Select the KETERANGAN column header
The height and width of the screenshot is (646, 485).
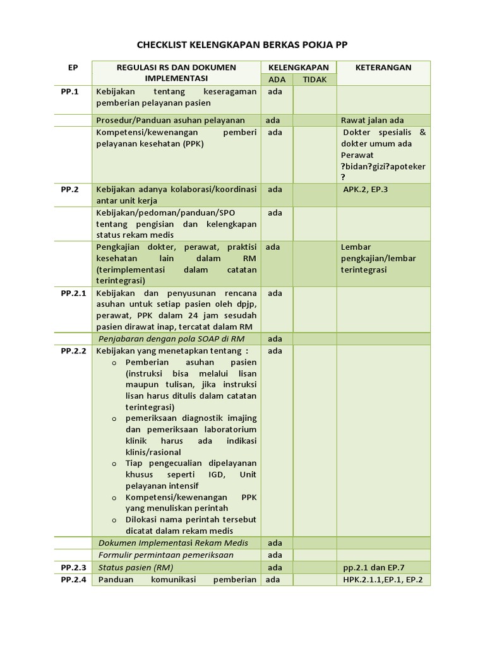click(384, 67)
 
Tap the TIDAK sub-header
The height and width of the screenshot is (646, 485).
click(314, 79)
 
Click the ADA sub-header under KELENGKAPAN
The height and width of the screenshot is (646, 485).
click(277, 79)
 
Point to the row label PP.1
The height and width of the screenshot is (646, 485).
click(69, 91)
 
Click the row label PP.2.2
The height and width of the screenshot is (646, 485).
click(73, 351)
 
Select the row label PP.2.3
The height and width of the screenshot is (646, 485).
click(73, 567)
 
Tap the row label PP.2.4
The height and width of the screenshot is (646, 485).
click(73, 579)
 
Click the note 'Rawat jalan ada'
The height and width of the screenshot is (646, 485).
click(372, 120)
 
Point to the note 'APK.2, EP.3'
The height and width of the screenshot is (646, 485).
click(366, 189)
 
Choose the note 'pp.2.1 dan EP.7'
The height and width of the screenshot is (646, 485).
click(377, 567)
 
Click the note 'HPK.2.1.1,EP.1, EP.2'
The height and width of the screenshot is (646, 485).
click(383, 579)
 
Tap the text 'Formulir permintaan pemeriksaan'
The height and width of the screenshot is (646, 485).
click(166, 555)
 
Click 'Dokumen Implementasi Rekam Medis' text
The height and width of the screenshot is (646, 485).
click(173, 543)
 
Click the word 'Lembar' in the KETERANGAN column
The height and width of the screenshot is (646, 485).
click(356, 247)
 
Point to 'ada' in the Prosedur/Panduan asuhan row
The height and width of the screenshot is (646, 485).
click(273, 120)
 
